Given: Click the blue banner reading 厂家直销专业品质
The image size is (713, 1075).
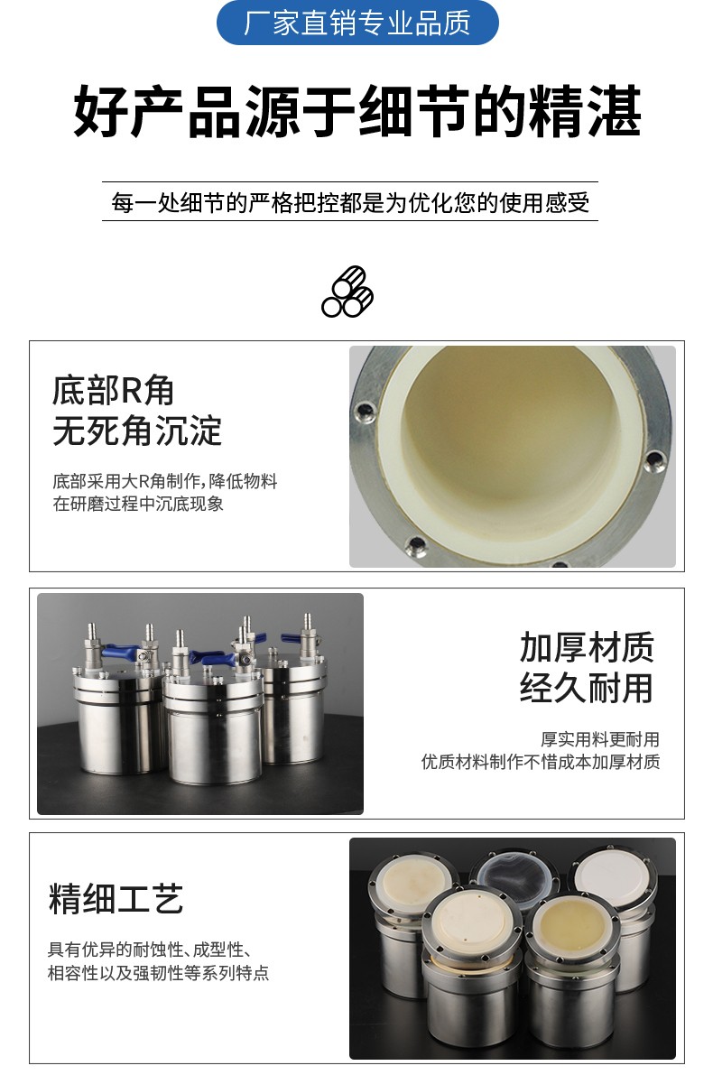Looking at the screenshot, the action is pyautogui.click(x=357, y=23).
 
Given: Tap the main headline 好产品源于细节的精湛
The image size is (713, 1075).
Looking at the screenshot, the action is pyautogui.click(x=357, y=111).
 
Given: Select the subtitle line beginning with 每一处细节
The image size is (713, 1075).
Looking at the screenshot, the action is pyautogui.click(x=350, y=202).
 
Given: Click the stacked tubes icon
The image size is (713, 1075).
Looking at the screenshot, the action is pyautogui.click(x=347, y=292).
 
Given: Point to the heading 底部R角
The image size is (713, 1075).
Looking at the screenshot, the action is pyautogui.click(x=113, y=390).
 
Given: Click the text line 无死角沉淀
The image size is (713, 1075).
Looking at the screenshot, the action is pyautogui.click(x=137, y=431).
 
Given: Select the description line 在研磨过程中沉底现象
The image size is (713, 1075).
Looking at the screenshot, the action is pyautogui.click(x=138, y=504).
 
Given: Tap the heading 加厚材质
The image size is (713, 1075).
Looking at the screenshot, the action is pyautogui.click(x=587, y=647).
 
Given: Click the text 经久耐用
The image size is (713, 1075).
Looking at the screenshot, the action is pyautogui.click(x=587, y=688).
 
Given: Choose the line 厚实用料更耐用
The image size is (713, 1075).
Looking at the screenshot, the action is pyautogui.click(x=600, y=739).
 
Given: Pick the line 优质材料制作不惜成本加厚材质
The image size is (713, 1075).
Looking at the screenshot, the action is pyautogui.click(x=541, y=762).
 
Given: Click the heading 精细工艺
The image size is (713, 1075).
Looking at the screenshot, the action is pyautogui.click(x=116, y=899).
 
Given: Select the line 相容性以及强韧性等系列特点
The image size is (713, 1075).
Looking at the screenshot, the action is pyautogui.click(x=158, y=973).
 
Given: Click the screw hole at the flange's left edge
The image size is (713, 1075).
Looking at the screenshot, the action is pyautogui.click(x=363, y=412).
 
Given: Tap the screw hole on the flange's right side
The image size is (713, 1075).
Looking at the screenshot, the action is pyautogui.click(x=654, y=459).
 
